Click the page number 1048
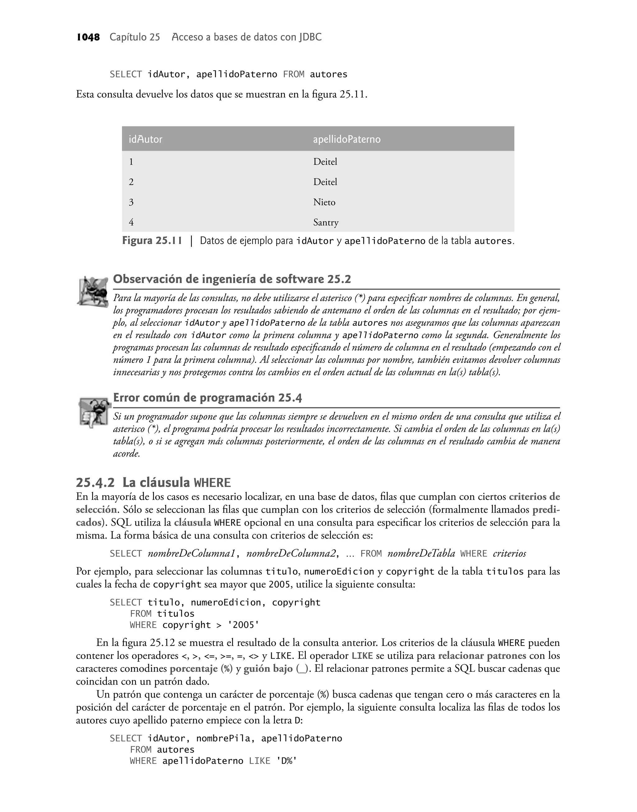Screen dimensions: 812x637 coord(88,37)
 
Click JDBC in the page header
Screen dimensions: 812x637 coord(309,37)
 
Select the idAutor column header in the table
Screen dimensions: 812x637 coord(146,139)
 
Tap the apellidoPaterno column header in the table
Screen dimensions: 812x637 coord(346,139)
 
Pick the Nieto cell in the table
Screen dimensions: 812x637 coord(324,202)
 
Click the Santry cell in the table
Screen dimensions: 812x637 coord(326,223)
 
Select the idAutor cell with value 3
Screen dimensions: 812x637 coord(131,202)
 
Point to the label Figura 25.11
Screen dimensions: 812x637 coord(152,241)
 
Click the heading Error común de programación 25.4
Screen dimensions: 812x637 coord(207,398)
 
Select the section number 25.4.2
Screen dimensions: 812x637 coord(95,482)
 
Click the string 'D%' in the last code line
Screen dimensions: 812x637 coord(286,761)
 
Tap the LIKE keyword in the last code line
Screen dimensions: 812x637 coord(260,761)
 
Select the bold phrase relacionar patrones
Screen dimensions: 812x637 coord(482,656)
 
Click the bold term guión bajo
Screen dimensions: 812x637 coord(268,669)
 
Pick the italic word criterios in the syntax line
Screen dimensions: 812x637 coord(509,554)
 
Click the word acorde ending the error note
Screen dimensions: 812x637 coord(126,454)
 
